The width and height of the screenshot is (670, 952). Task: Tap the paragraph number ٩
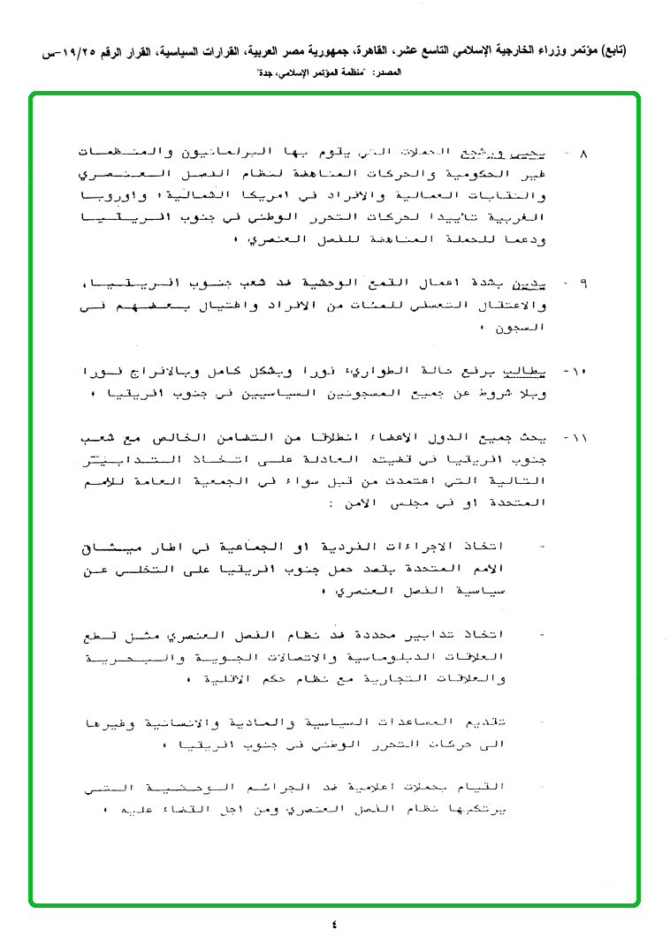click(x=582, y=285)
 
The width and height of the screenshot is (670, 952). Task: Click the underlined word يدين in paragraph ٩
click(x=549, y=285)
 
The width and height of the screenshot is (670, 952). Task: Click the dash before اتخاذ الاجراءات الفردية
click(x=542, y=548)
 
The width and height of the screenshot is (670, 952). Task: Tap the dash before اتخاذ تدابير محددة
click(x=542, y=635)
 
